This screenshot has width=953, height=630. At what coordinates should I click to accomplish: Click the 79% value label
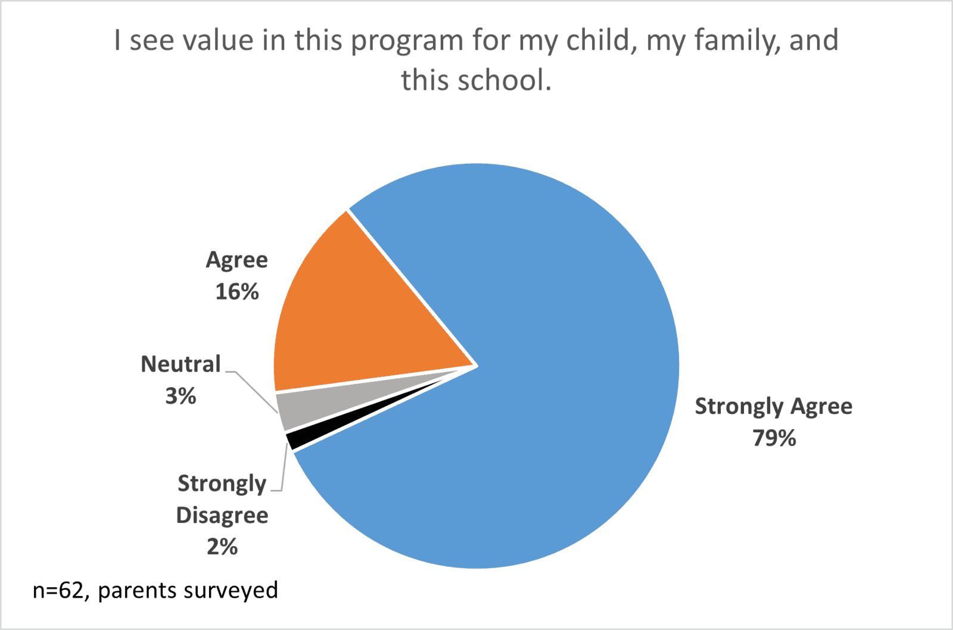pos(774,438)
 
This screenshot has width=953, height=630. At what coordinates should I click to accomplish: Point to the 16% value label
pos(237,292)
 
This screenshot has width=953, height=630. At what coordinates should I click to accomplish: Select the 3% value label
pos(180,396)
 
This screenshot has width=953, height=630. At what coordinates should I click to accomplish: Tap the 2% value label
pos(222,547)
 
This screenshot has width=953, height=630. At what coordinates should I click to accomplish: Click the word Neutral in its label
pos(180,364)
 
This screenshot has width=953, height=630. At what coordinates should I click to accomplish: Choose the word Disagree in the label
pos(222,515)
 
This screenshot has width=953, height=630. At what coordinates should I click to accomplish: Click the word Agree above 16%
pos(237,260)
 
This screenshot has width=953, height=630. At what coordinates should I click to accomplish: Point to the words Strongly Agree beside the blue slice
pos(774,406)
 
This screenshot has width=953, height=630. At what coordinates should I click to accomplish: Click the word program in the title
pos(407,40)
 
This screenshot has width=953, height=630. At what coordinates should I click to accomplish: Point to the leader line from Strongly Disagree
pos(284,470)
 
